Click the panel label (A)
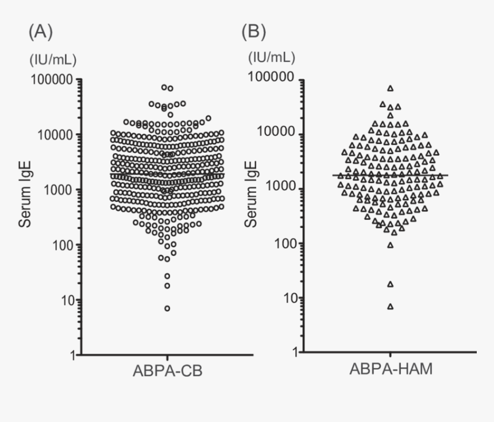(x=40, y=32)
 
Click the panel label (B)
(x=254, y=32)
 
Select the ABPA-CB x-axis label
(x=167, y=372)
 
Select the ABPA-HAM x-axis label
(x=391, y=369)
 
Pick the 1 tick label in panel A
(x=72, y=355)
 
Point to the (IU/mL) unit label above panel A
(x=52, y=59)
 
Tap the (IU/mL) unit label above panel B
(x=272, y=57)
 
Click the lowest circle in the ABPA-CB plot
(x=167, y=308)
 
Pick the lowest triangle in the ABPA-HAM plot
(x=391, y=307)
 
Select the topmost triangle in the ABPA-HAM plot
(x=391, y=88)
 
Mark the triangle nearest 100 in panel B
(x=391, y=245)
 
